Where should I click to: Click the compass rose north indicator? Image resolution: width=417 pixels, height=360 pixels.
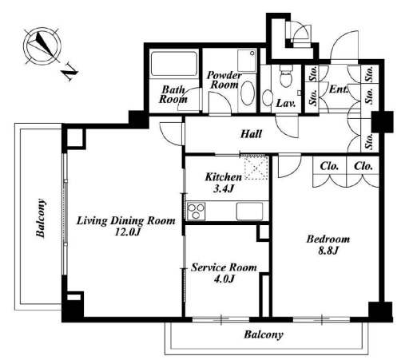[x=42, y=45]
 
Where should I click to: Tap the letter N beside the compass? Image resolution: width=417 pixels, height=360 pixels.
[x=69, y=72]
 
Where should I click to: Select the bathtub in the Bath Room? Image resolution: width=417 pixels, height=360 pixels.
[x=174, y=64]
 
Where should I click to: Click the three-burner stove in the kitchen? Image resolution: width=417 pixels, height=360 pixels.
[x=197, y=211]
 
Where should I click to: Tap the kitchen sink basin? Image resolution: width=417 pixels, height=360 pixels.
[x=249, y=211]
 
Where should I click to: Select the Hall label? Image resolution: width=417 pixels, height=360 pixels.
[x=251, y=134]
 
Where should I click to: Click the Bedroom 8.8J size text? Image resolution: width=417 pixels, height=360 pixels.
[x=328, y=251]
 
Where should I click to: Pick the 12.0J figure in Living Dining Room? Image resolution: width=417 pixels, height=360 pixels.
[x=127, y=232]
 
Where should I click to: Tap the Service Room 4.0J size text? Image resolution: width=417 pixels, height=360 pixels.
[x=224, y=279]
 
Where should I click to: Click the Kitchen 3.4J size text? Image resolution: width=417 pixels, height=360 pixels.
[x=224, y=188]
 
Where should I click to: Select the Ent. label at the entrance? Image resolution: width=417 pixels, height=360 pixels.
[x=339, y=89]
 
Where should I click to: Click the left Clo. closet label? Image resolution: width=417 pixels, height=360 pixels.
[x=329, y=166]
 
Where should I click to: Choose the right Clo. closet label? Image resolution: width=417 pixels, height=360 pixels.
[x=363, y=166]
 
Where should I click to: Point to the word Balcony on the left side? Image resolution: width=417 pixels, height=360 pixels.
[x=41, y=218]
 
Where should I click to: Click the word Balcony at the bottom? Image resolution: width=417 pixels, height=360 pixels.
[x=264, y=334]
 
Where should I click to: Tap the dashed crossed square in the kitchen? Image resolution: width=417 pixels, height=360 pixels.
[x=256, y=168]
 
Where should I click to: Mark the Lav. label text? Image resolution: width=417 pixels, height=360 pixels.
[x=286, y=103]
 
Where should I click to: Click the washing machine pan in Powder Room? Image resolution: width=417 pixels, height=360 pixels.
[x=247, y=61]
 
